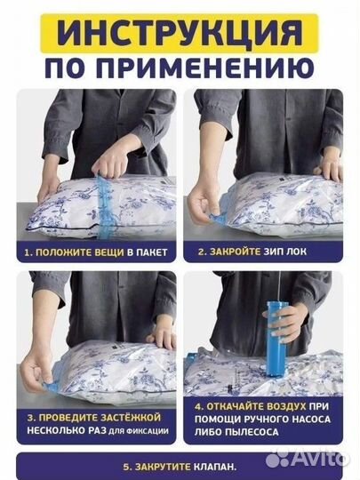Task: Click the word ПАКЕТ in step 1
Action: pyautogui.click(x=152, y=252)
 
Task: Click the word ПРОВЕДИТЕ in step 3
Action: pyautogui.click(x=68, y=417)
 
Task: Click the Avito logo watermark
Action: pyautogui.click(x=308, y=459)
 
